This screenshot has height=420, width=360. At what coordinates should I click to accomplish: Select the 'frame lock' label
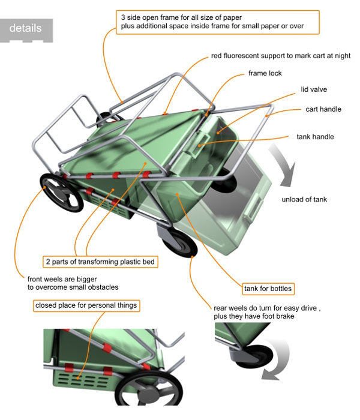(265, 73)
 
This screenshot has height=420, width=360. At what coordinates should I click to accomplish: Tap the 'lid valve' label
(313, 90)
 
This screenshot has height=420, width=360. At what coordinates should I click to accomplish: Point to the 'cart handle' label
(323, 109)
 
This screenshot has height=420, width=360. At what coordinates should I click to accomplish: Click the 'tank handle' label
(315, 137)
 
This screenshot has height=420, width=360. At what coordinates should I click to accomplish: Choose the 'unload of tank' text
(304, 199)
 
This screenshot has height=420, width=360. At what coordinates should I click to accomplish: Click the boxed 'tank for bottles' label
(268, 289)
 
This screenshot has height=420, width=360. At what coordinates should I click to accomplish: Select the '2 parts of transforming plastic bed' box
(101, 262)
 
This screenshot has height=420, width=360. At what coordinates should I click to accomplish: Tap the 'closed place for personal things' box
(86, 305)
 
